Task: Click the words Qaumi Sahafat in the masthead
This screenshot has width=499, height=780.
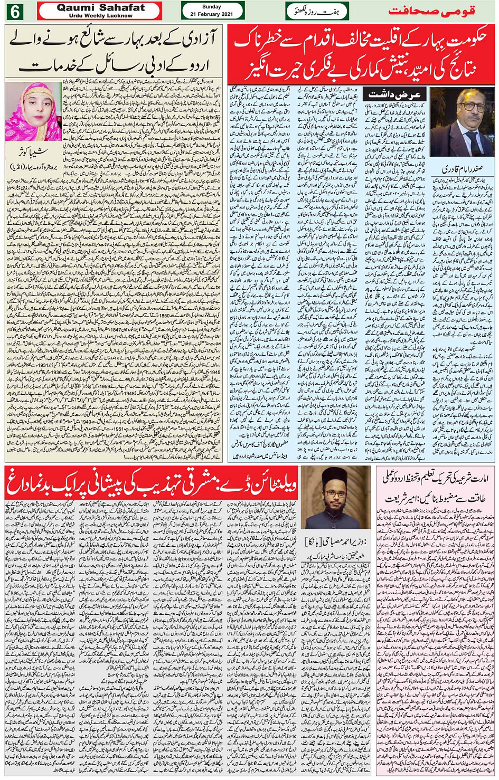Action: [x=100, y=8]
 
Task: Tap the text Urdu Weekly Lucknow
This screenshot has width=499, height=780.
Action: [x=100, y=15]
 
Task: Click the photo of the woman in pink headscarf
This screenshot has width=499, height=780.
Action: [x=34, y=111]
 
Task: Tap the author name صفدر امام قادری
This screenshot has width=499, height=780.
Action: [x=463, y=170]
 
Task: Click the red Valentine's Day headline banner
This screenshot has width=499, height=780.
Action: [x=152, y=482]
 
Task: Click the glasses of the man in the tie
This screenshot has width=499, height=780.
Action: [x=471, y=107]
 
